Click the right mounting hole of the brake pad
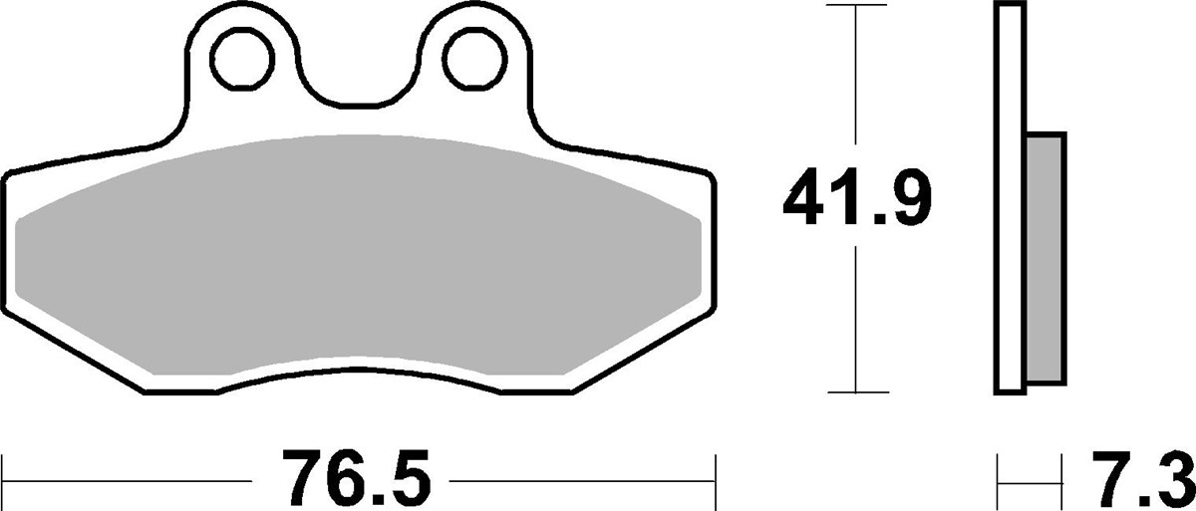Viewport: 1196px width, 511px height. click(x=472, y=60)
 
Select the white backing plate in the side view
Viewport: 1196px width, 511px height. click(x=1009, y=199)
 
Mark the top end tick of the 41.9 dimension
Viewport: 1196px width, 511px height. click(x=856, y=7)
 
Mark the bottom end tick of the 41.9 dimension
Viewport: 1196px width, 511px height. click(x=856, y=392)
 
